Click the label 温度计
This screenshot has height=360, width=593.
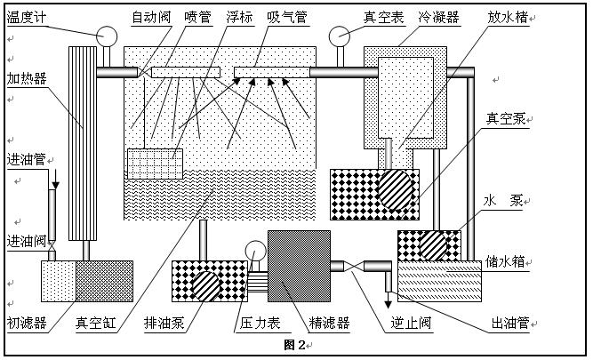pos(26,17)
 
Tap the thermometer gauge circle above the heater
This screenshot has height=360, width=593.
pos(107,36)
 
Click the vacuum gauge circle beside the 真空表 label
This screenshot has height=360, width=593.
pos(339,36)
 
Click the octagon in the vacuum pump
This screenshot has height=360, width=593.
pos(396,188)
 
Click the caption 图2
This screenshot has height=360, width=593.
pos(294,344)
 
